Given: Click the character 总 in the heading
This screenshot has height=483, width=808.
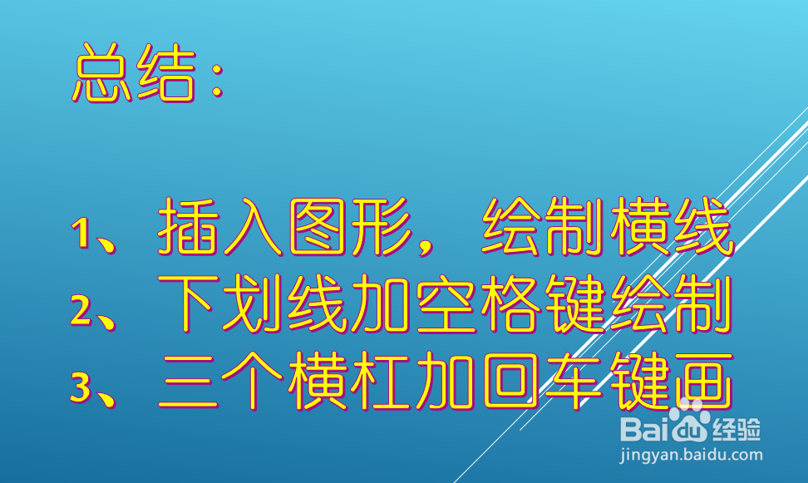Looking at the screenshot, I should [104, 74].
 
